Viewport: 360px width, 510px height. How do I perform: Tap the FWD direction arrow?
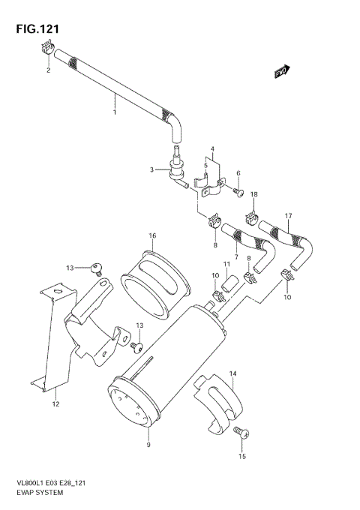(281, 72)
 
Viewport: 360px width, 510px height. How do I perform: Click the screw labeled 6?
(238, 192)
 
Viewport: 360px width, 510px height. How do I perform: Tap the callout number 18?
(253, 194)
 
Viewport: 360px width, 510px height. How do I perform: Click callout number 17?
(286, 217)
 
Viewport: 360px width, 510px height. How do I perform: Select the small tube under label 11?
(232, 283)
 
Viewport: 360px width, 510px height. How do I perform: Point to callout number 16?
(151, 236)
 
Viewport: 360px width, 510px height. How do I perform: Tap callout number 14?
(232, 373)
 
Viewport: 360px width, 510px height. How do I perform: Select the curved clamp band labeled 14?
(221, 405)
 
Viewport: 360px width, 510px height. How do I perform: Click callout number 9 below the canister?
(148, 445)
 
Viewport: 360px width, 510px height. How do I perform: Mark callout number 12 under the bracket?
(55, 404)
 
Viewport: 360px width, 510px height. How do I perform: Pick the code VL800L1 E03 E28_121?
(48, 484)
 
